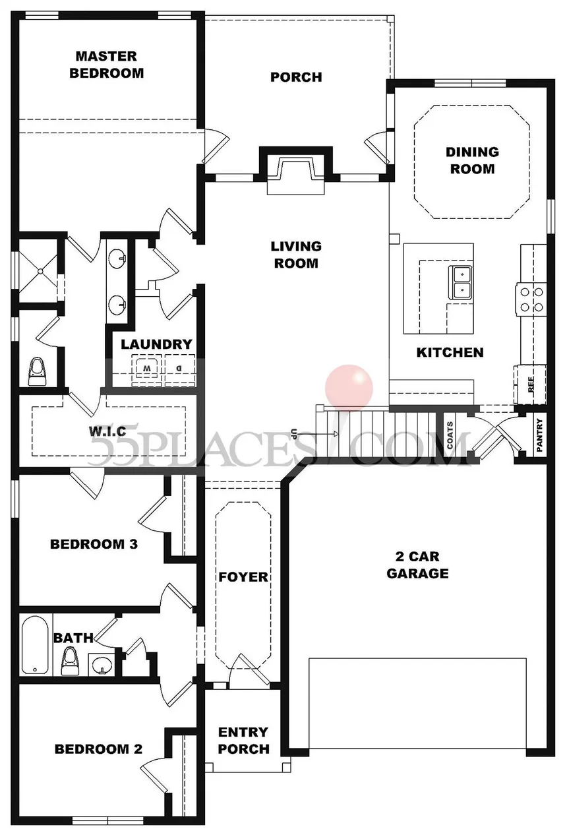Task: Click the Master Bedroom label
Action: click(106, 65)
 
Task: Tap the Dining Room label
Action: click(472, 160)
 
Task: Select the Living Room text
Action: click(296, 255)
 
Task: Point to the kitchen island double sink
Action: click(462, 281)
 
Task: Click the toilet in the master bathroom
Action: click(36, 372)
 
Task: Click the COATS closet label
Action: click(450, 435)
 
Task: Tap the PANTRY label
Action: click(539, 435)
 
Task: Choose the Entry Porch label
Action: click(243, 740)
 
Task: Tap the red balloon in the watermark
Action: click(349, 387)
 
